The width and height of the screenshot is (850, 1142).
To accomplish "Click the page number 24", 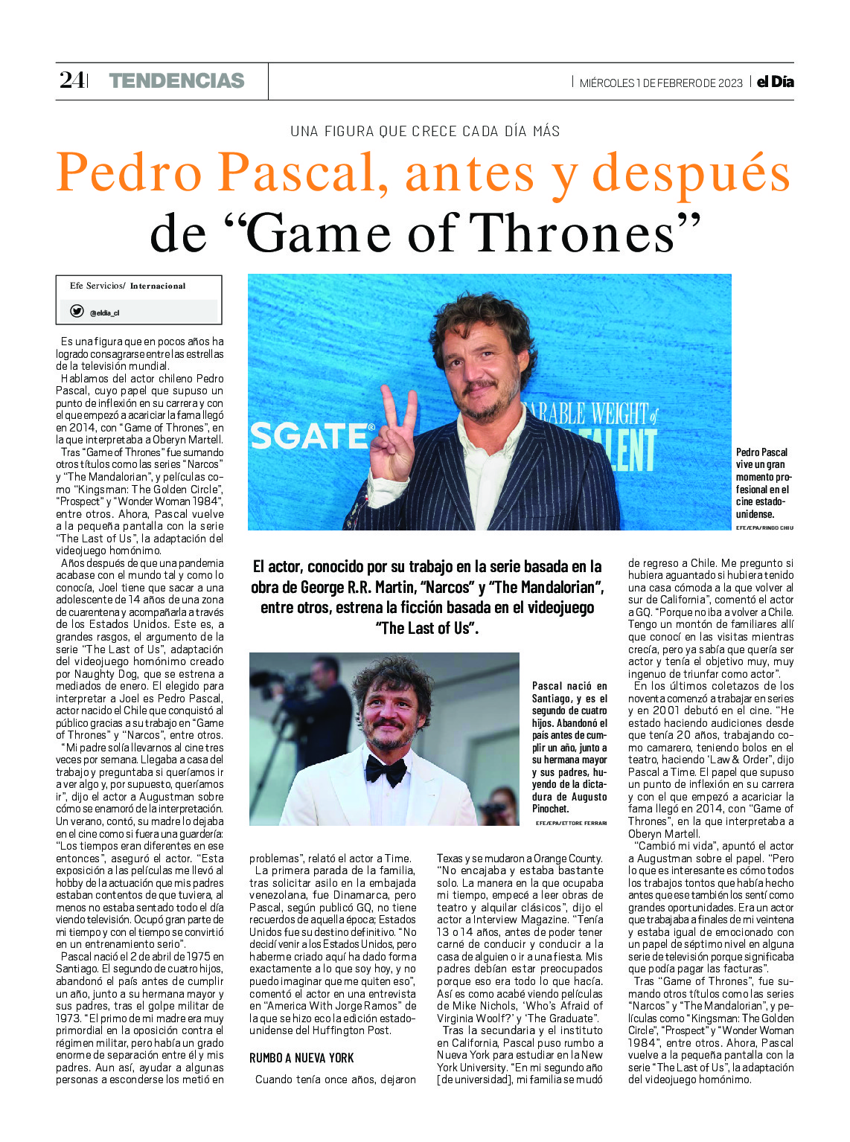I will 71,80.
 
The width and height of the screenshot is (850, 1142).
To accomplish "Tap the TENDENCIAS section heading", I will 176,81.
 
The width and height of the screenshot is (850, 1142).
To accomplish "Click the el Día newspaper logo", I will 775,82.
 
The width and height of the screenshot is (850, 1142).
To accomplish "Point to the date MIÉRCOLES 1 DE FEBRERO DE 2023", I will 661,83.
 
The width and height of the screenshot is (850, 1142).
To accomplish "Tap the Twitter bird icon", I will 77,312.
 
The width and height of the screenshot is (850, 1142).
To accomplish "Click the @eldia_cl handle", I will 104,313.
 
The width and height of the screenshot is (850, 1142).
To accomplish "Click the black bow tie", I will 386,771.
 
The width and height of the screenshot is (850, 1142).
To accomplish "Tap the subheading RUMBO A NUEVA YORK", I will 301,1058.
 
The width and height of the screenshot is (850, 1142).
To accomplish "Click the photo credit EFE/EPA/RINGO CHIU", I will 764,527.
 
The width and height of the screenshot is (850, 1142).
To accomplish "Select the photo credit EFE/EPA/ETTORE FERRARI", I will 571,823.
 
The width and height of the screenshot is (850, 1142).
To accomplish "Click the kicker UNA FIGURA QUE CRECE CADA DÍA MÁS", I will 425,132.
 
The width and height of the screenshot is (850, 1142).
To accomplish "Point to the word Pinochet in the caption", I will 551,809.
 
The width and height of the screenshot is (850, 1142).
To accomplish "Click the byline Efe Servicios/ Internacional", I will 127,286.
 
